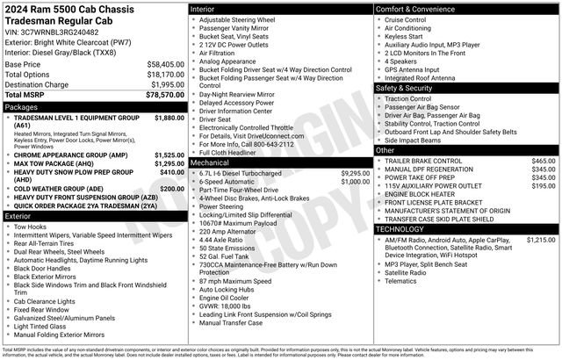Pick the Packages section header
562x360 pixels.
21,106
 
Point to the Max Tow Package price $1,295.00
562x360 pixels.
169,163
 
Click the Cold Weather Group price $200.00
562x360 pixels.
171,189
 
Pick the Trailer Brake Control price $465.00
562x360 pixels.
544,162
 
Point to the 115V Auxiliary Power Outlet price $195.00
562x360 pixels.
544,186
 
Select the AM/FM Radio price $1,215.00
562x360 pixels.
541,240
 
